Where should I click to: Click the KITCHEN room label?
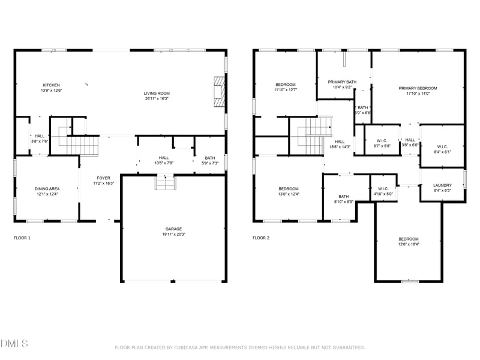(51, 85)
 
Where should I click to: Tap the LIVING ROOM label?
(157, 93)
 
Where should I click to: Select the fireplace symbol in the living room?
(219, 92)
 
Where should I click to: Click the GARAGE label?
(174, 229)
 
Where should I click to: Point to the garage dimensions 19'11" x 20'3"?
(174, 234)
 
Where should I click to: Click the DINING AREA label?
(47, 188)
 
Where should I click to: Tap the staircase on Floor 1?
(82, 146)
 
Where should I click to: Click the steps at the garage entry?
(165, 182)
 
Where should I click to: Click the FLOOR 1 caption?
(23, 238)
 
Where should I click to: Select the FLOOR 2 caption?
(261, 238)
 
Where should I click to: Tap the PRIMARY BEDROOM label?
(418, 88)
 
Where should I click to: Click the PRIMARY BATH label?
(342, 82)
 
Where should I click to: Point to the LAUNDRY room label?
(442, 185)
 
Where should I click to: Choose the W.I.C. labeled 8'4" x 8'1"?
(442, 146)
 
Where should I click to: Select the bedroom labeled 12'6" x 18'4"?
(409, 239)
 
